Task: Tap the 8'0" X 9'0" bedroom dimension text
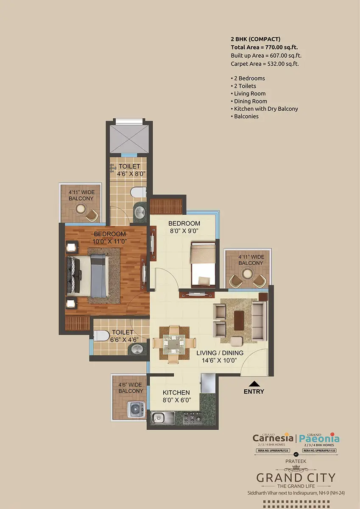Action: tap(184, 231)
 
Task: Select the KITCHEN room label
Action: tap(176, 392)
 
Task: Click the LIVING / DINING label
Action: tap(220, 353)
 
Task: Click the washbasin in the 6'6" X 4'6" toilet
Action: tap(136, 349)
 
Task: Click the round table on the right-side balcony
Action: tap(247, 274)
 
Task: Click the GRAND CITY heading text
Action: tap(296, 478)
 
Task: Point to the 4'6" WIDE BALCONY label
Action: tap(131, 388)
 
